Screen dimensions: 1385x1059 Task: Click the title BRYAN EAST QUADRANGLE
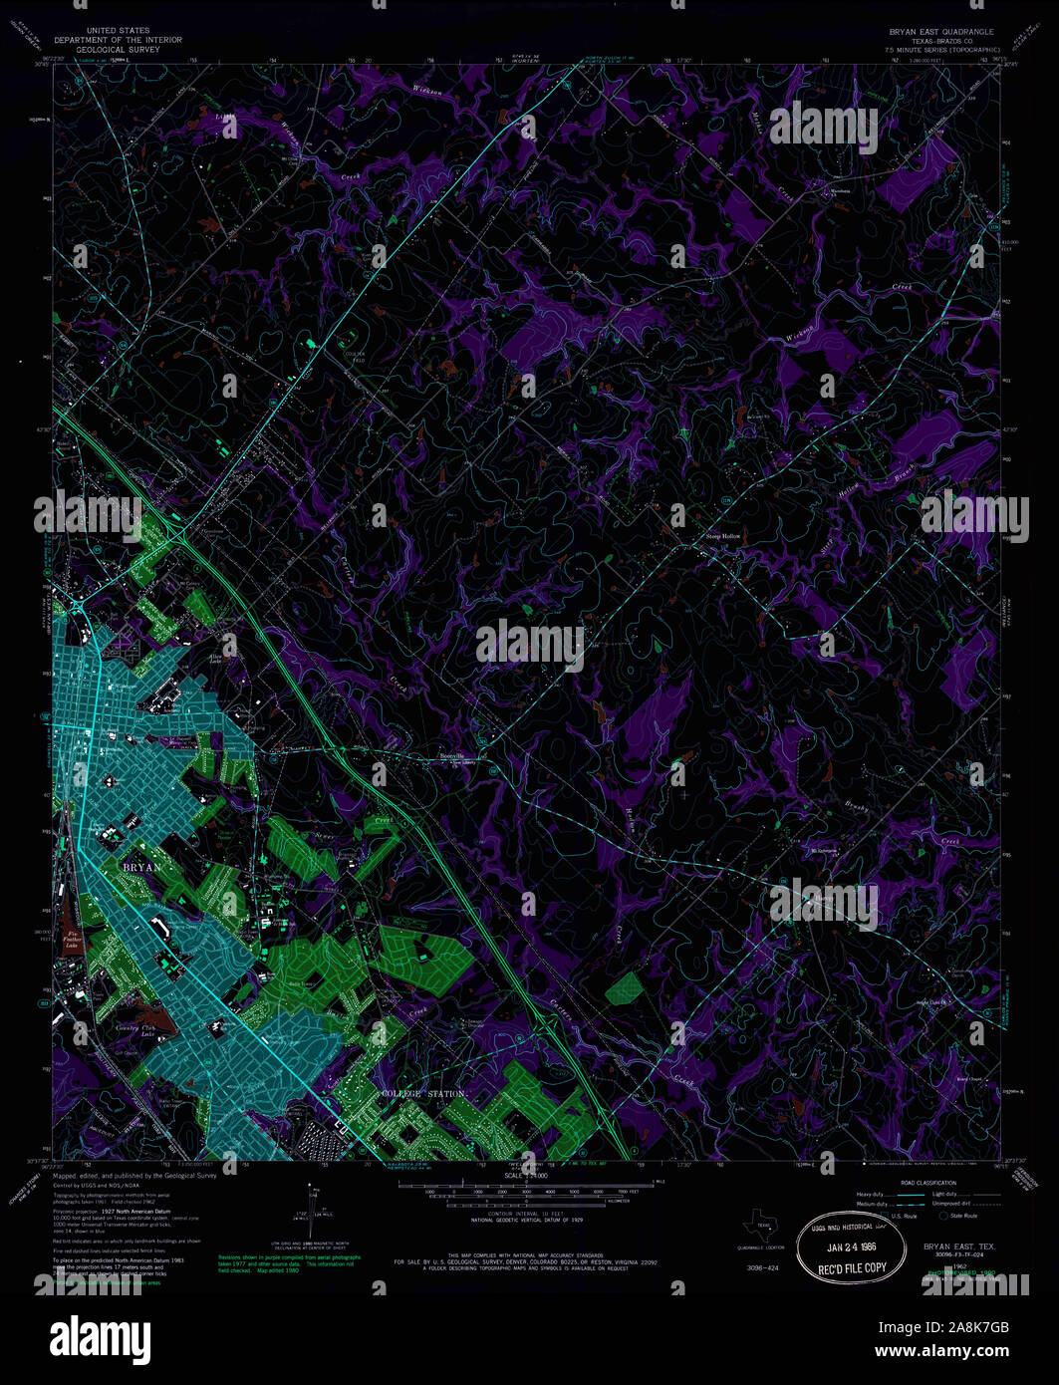[x=940, y=32]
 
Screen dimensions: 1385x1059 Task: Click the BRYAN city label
[x=141, y=867]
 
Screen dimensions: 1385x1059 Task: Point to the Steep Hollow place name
[x=724, y=536]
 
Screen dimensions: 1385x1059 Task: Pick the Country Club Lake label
[x=133, y=1032]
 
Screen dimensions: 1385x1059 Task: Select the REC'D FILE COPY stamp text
[x=852, y=1267]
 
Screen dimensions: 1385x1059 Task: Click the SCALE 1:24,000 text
[x=525, y=1177]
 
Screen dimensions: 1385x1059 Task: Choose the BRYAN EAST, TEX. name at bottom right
[x=959, y=1246]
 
